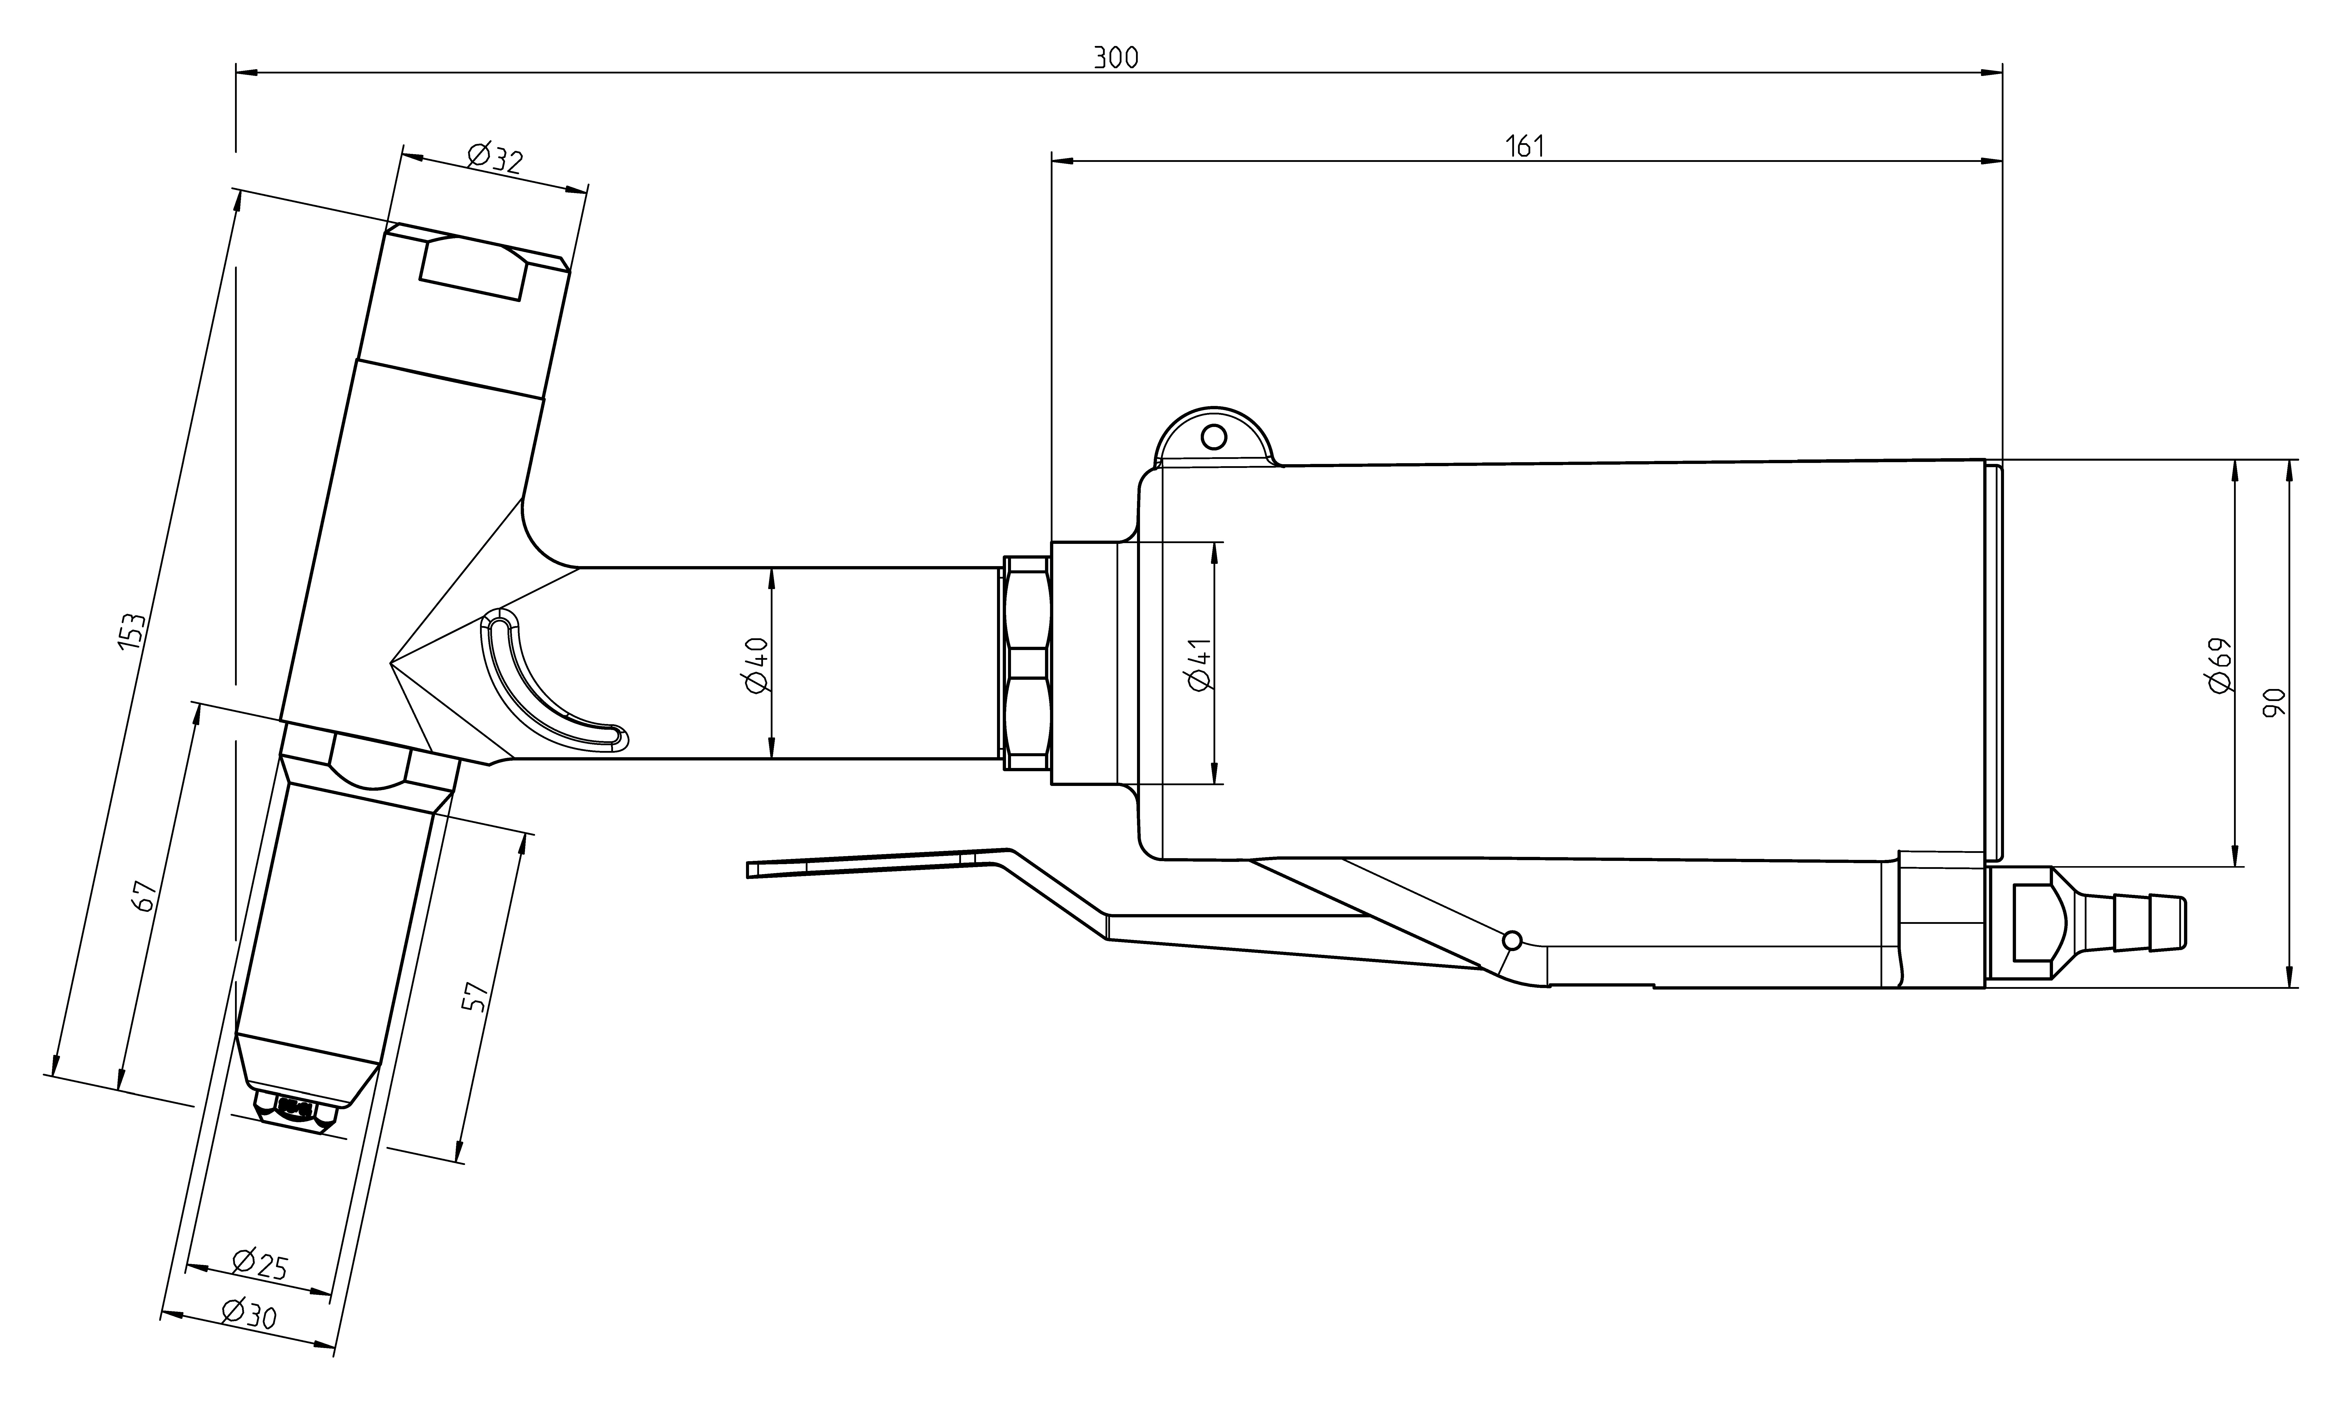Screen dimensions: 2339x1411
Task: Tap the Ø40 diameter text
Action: click(756, 664)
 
